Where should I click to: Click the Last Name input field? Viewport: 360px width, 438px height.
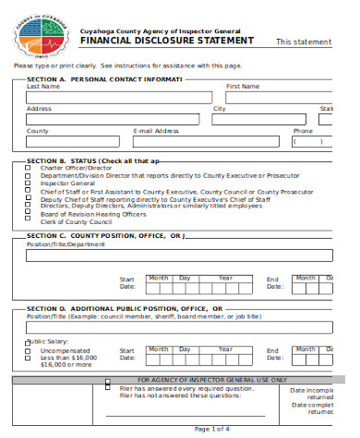(121, 97)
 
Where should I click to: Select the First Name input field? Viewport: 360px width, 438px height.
(278, 97)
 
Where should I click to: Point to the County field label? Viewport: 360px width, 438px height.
(38, 131)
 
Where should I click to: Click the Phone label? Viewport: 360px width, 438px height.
(303, 131)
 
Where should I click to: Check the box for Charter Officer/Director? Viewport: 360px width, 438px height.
(28, 167)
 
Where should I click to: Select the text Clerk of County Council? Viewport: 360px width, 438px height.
(76, 221)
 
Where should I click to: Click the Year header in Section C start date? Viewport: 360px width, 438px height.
(225, 277)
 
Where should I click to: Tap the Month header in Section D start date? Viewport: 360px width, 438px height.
(158, 349)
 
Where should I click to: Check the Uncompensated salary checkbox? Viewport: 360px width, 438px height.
(28, 351)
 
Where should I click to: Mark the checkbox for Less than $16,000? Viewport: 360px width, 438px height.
(28, 358)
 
